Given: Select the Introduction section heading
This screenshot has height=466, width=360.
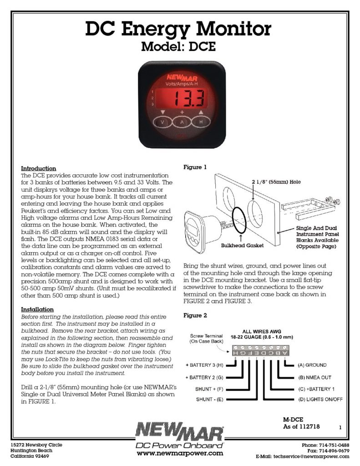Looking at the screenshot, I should [x=39, y=168].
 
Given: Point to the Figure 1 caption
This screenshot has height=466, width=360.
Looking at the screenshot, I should [x=195, y=167].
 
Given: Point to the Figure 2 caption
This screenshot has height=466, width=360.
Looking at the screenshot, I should [x=195, y=315].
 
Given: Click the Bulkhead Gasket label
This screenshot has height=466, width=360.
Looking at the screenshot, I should [x=239, y=245].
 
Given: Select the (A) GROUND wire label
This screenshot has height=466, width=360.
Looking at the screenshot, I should [x=313, y=365].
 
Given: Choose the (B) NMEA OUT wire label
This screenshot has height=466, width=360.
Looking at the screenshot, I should [x=314, y=377].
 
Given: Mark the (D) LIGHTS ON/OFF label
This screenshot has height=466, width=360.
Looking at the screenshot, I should [x=320, y=399].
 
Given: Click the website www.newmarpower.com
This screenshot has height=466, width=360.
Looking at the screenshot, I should [x=180, y=453].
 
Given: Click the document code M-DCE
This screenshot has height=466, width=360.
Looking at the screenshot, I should [x=293, y=419].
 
